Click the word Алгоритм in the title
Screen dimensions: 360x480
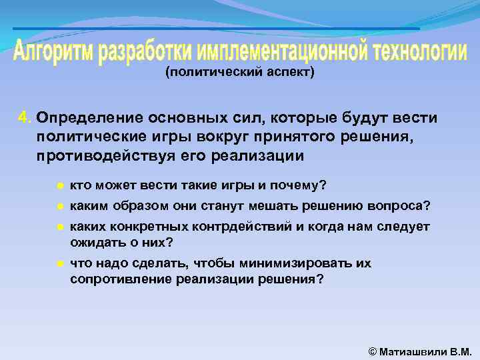click(54, 52)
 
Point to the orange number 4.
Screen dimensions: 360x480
click(25, 118)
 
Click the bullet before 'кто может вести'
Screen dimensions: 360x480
click(60, 184)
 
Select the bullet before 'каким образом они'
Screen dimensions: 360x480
click(60, 205)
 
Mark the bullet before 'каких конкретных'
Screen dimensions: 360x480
click(60, 227)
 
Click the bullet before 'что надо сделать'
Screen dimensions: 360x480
click(60, 264)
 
